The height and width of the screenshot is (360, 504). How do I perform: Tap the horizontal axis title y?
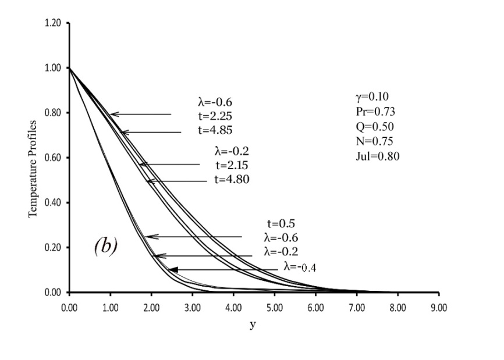[x=253, y=325]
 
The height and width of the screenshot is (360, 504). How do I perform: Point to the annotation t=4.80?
[x=232, y=179]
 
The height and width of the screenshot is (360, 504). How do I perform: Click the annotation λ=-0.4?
[x=300, y=267]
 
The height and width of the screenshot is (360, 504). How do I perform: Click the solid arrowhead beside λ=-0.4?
[x=173, y=269]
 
